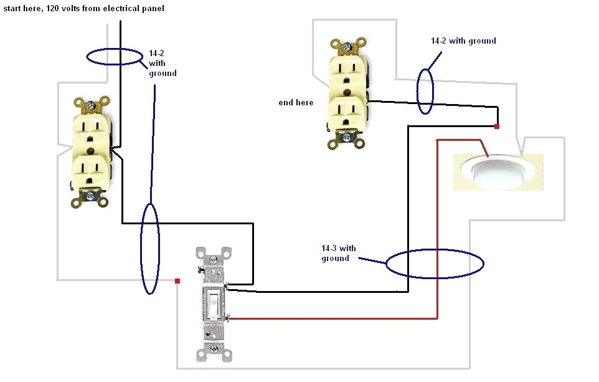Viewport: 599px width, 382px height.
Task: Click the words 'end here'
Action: (296, 102)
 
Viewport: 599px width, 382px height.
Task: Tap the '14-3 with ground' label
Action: (339, 253)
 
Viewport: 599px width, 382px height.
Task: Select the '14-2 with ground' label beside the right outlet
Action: (463, 41)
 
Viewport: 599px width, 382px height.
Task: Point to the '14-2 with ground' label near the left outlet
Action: (163, 64)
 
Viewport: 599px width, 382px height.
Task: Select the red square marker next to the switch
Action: (177, 281)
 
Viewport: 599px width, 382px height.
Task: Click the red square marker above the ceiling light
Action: (497, 127)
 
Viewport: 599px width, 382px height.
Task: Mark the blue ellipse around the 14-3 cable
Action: (435, 264)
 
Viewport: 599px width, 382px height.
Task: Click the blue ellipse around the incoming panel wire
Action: (115, 57)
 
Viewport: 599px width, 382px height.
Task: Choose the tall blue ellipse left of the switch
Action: (150, 247)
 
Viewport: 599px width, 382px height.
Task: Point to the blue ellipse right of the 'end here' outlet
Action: (425, 91)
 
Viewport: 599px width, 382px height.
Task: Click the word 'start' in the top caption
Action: (12, 8)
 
